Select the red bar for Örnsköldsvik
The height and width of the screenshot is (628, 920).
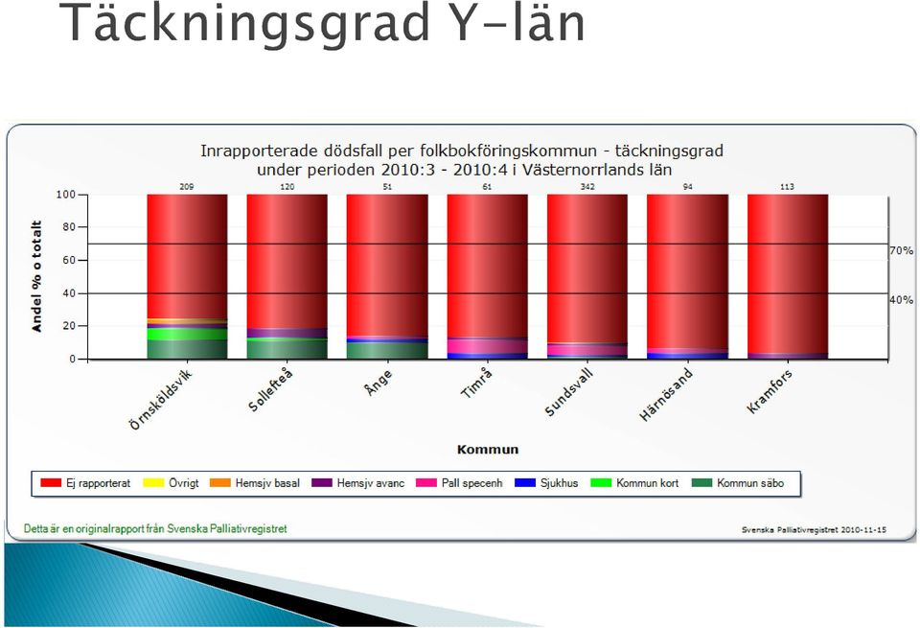(x=187, y=257)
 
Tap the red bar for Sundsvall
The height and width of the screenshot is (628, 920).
(x=587, y=268)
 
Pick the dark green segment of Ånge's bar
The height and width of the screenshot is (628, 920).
(x=387, y=350)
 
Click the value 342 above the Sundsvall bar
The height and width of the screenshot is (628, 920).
(x=587, y=187)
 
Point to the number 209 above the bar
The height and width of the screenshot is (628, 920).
(x=187, y=187)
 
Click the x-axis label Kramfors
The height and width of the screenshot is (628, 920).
(x=770, y=391)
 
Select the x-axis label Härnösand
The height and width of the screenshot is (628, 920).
(x=667, y=394)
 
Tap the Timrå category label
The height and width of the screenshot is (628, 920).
(x=477, y=384)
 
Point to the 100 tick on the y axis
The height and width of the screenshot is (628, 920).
(x=66, y=195)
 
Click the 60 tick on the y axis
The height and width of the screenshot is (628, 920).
(x=69, y=260)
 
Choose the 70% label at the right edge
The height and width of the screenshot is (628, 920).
(x=901, y=250)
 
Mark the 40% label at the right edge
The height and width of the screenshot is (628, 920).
(x=901, y=300)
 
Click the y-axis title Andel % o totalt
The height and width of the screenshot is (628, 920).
(x=37, y=276)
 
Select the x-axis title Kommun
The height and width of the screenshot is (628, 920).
(x=488, y=450)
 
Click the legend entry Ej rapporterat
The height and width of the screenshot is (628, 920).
(x=85, y=483)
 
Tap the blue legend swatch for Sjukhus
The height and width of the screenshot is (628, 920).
(x=525, y=483)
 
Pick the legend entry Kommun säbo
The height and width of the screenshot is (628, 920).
(x=738, y=483)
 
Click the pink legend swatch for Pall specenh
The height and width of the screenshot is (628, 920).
(x=426, y=483)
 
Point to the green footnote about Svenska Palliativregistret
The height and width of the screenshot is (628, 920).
(x=155, y=529)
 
